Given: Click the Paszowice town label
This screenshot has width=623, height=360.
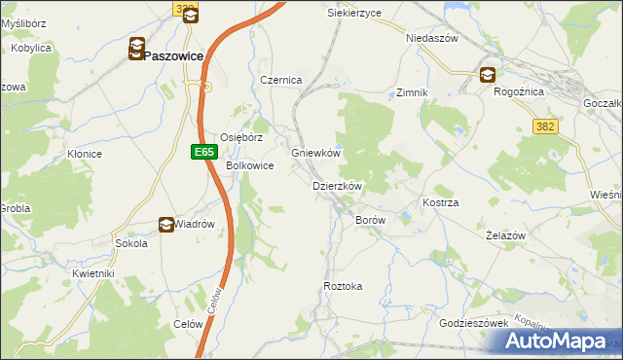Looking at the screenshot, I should [x=173, y=56].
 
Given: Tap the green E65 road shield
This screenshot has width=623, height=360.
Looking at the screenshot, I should [x=202, y=152].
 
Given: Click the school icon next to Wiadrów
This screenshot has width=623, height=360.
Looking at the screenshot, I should [x=165, y=225].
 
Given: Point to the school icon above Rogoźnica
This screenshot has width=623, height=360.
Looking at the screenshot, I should [x=487, y=75].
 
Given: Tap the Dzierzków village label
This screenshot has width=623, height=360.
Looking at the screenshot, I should [x=337, y=186].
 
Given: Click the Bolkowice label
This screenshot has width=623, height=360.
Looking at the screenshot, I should [x=249, y=166].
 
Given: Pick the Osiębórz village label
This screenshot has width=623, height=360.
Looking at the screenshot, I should [x=241, y=138].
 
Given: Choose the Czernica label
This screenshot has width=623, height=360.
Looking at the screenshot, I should [x=281, y=80].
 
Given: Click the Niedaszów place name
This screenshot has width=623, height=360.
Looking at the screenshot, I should [x=431, y=38].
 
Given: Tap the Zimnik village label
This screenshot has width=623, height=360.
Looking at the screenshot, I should [x=412, y=92].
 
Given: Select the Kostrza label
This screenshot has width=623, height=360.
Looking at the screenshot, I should [x=440, y=202].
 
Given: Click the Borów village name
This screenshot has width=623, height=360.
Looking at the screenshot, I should [x=371, y=221].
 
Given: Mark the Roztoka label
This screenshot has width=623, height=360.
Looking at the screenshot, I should [x=343, y=286].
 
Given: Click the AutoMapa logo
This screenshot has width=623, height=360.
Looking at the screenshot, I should [x=556, y=342].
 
